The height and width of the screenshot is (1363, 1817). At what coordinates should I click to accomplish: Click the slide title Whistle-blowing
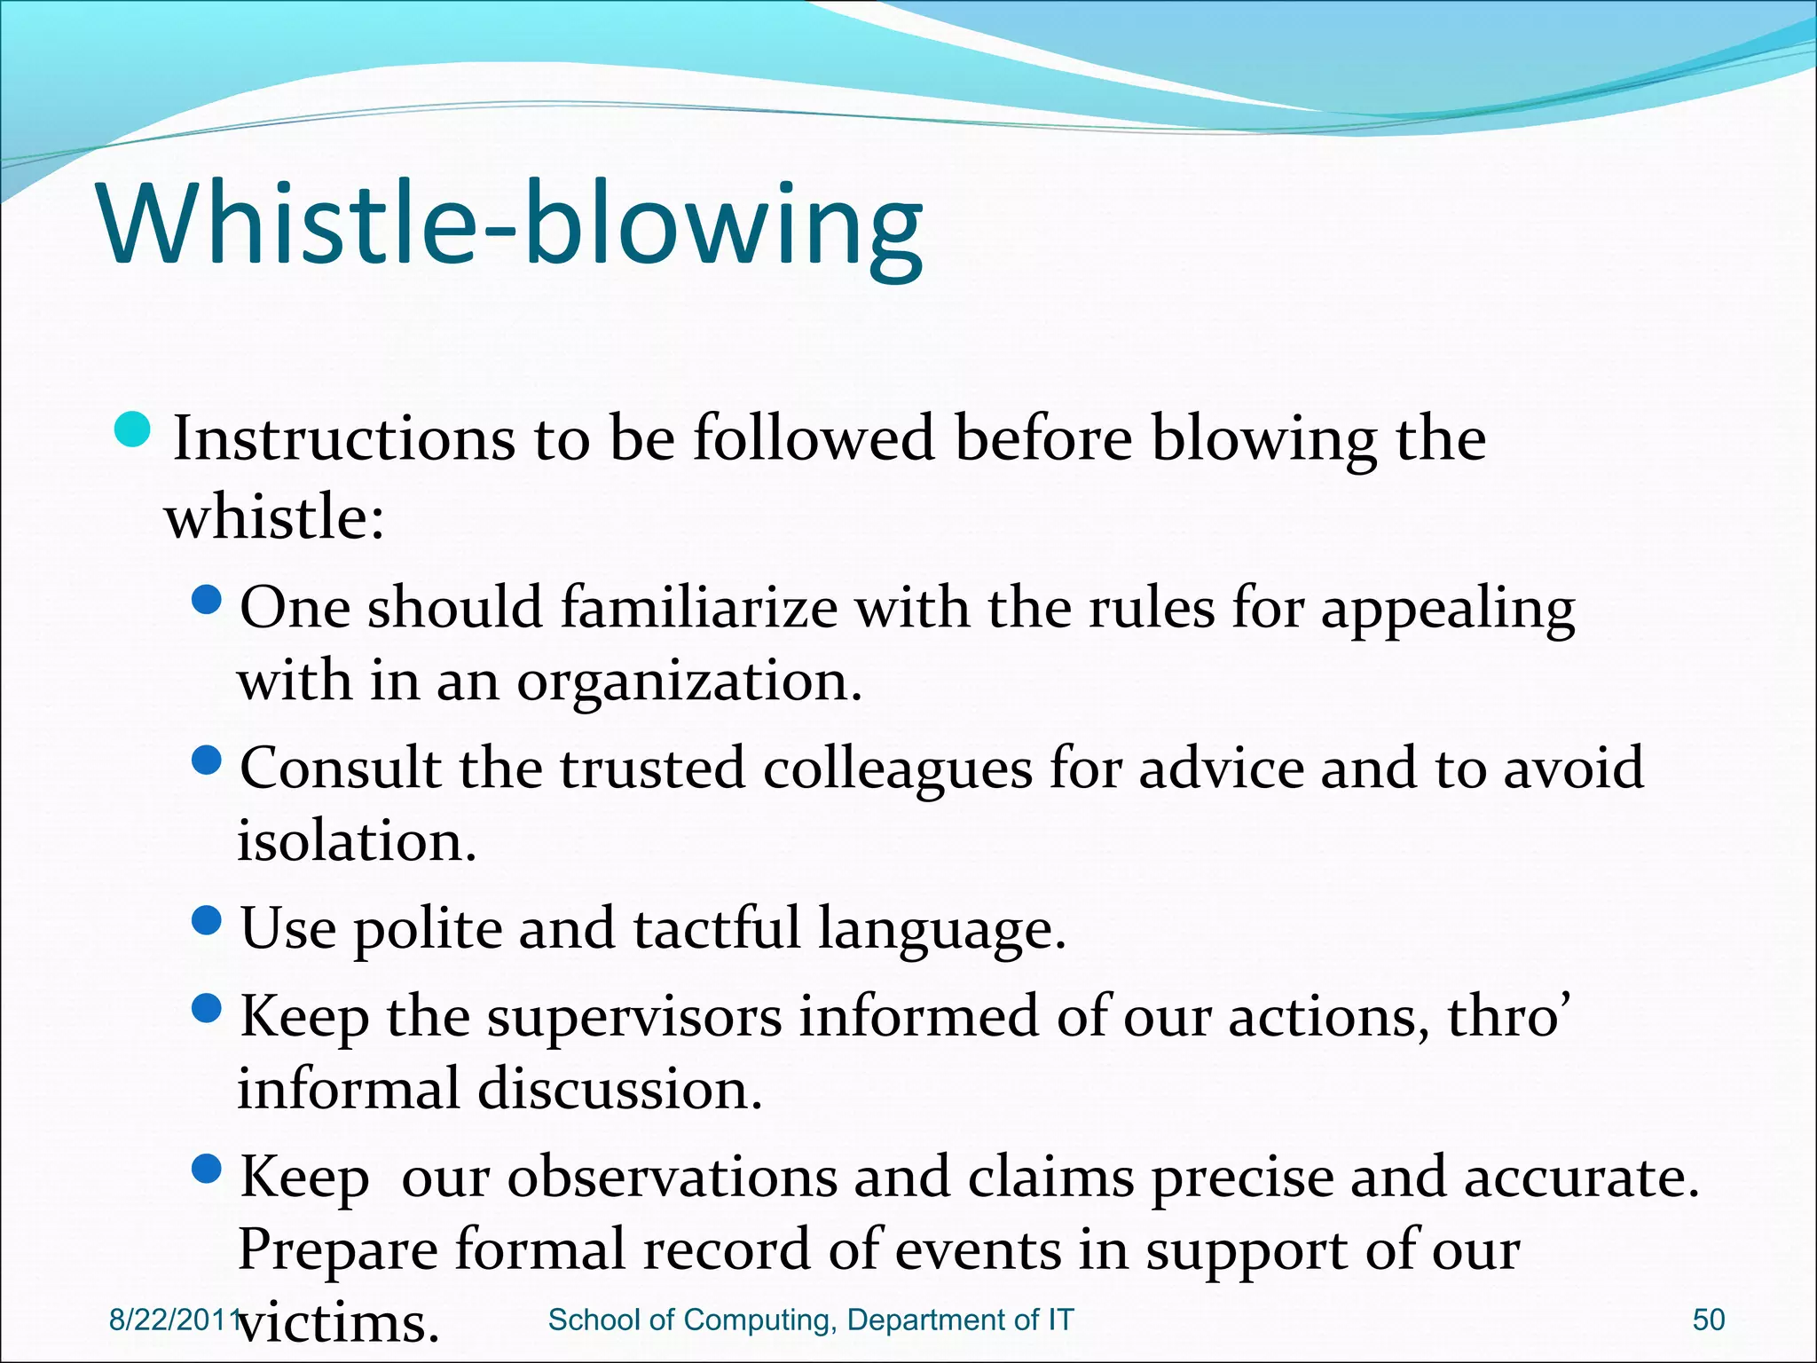tap(512, 225)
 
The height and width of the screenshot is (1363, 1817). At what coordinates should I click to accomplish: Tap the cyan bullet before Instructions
tap(135, 430)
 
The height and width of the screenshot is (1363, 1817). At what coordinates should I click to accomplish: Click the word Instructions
tap(343, 438)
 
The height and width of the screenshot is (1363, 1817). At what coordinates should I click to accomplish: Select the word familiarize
tap(698, 608)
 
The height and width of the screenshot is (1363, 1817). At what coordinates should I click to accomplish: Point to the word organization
tap(689, 681)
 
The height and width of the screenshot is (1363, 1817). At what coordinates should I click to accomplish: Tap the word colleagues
tap(897, 768)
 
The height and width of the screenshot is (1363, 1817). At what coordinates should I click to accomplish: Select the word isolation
tap(357, 841)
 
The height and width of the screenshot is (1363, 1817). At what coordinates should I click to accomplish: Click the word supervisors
tap(634, 1016)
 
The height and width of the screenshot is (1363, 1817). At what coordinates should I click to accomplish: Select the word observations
tap(672, 1178)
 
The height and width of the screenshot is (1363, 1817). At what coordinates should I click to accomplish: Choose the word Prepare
tap(338, 1250)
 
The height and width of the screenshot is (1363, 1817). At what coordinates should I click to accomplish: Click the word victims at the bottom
tap(338, 1323)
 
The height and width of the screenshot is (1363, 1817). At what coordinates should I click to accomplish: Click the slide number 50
tap(1708, 1320)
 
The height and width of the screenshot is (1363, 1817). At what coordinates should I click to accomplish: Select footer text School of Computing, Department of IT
tap(811, 1320)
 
